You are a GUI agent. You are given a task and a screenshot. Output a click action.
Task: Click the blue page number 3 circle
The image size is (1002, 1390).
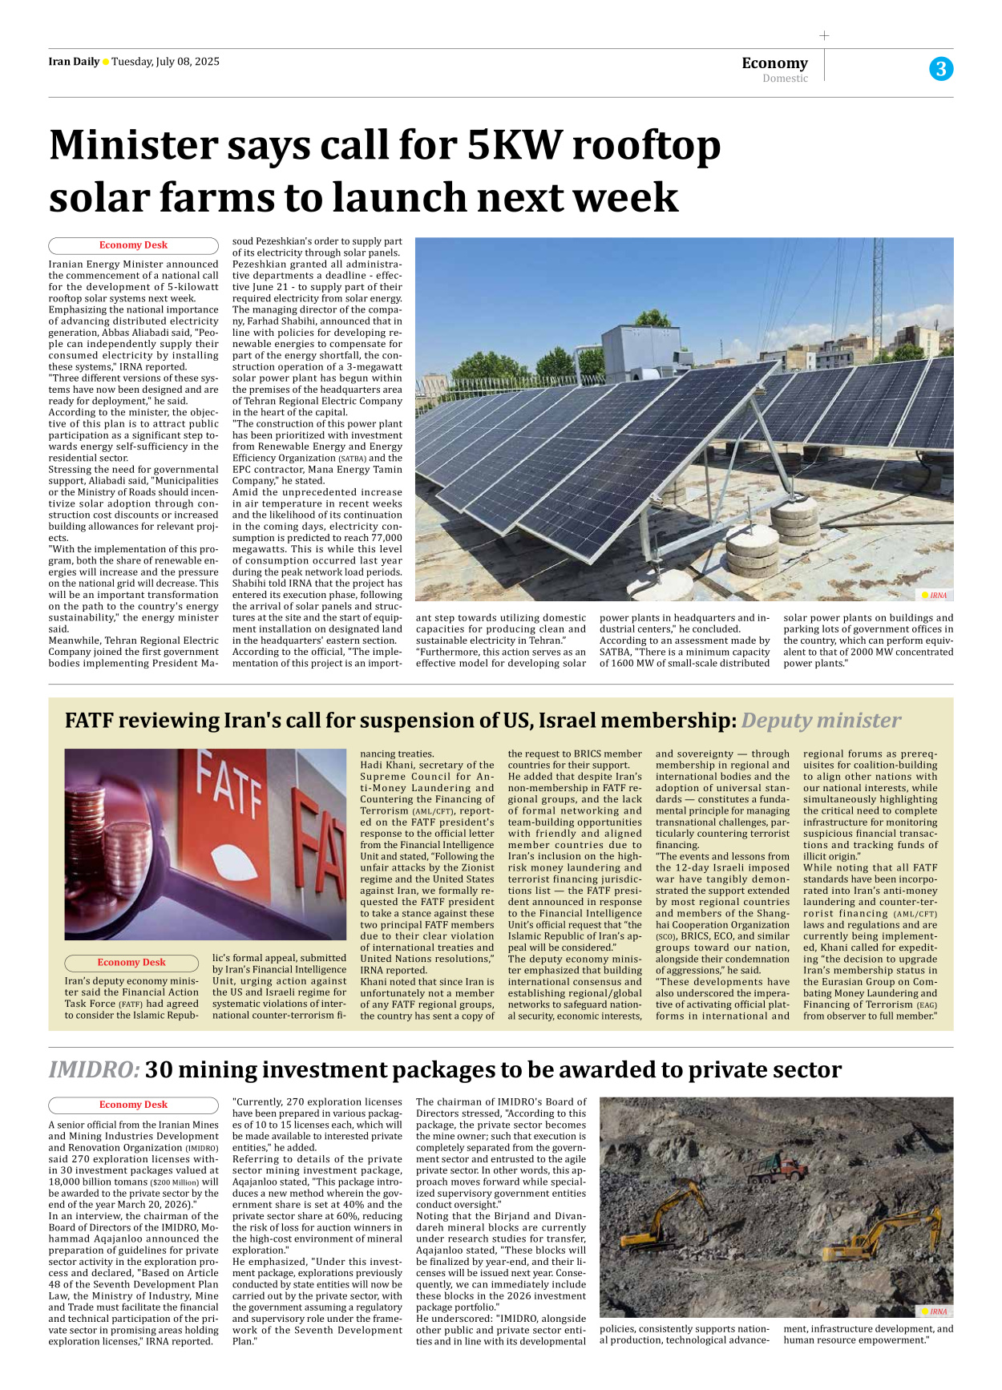tap(941, 69)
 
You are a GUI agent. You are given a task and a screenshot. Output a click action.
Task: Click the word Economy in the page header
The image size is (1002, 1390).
tap(774, 63)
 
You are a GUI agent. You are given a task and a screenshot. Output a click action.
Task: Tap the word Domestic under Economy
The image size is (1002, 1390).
tap(785, 79)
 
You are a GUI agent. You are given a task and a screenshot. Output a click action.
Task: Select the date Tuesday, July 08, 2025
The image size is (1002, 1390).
tap(165, 62)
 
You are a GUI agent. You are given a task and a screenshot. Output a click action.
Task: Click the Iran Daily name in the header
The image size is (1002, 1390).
tap(74, 62)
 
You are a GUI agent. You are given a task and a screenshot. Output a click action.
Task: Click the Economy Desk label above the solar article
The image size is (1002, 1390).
tap(133, 245)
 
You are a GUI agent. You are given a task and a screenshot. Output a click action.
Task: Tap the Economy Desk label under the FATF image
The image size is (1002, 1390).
tap(131, 963)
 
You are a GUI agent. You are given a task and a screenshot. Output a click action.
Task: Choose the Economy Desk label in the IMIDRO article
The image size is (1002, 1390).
tap(133, 1105)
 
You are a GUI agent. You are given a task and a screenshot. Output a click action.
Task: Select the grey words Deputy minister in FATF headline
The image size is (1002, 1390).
tap(821, 721)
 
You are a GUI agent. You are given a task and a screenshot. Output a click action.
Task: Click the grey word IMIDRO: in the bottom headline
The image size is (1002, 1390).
tap(94, 1070)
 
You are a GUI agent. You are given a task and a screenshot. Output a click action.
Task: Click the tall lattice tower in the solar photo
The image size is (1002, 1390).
tap(879, 297)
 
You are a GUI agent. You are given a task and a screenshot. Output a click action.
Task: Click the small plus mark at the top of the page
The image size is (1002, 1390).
tap(824, 35)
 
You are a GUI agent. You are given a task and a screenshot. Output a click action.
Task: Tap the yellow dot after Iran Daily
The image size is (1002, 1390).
tap(106, 62)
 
